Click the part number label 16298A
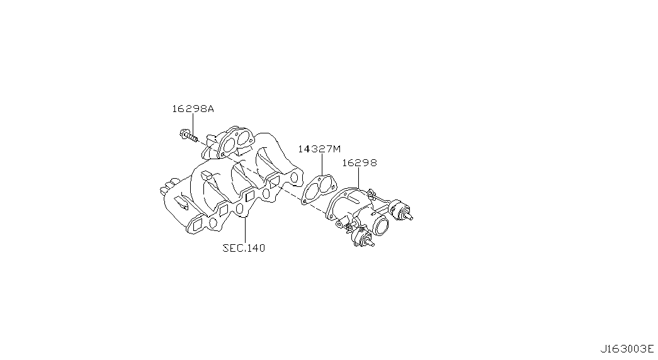point(193,109)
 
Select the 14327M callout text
point(319,149)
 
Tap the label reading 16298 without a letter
point(359,162)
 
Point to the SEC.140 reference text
point(244,248)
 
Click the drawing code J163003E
point(627,349)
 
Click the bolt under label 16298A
point(188,135)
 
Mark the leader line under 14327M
point(322,164)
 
